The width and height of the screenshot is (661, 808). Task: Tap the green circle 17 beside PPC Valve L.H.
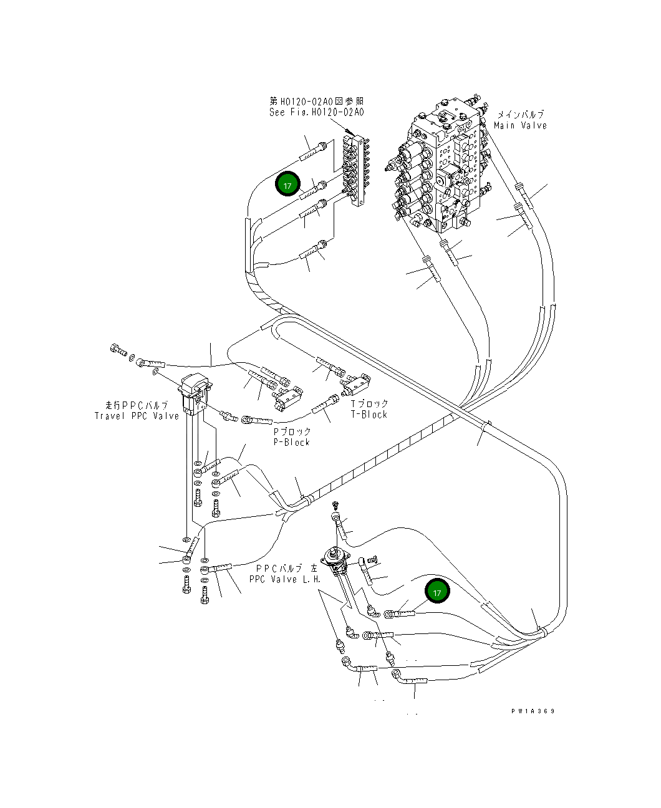coord(437,592)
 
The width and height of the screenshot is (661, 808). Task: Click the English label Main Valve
coord(520,125)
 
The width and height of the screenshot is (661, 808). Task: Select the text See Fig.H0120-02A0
coord(316,112)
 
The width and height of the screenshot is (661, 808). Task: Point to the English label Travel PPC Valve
coord(137,416)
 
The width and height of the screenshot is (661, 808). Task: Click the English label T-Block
coord(369,414)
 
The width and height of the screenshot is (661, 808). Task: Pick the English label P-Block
coord(292,442)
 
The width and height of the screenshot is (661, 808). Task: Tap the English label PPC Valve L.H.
coord(285,579)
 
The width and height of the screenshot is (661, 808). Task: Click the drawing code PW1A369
coord(533,711)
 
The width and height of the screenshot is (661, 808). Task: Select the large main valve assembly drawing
coord(440,165)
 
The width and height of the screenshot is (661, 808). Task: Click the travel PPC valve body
coord(195,392)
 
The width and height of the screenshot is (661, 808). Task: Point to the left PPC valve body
coord(337,558)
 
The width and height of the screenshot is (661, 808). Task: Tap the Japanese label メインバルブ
coord(520,115)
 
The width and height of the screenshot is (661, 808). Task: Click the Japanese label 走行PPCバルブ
coord(137,405)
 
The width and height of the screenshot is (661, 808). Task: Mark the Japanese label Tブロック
coord(369,404)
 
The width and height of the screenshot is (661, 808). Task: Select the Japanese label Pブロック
coord(292,431)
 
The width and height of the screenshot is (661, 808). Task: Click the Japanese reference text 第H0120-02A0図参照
coord(317,101)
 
